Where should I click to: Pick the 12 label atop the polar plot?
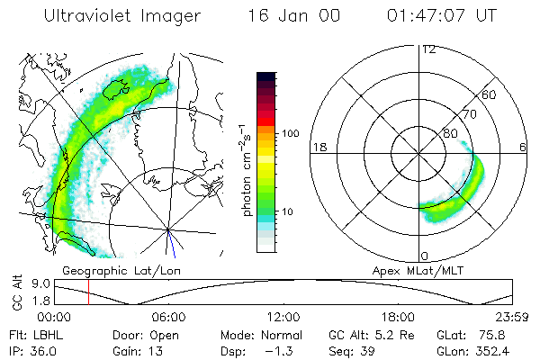(x=427, y=49)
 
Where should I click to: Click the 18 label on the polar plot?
(x=318, y=148)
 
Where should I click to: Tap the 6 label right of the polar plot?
(x=523, y=148)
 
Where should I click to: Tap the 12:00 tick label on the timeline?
(x=283, y=317)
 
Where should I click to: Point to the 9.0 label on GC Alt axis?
(x=41, y=283)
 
